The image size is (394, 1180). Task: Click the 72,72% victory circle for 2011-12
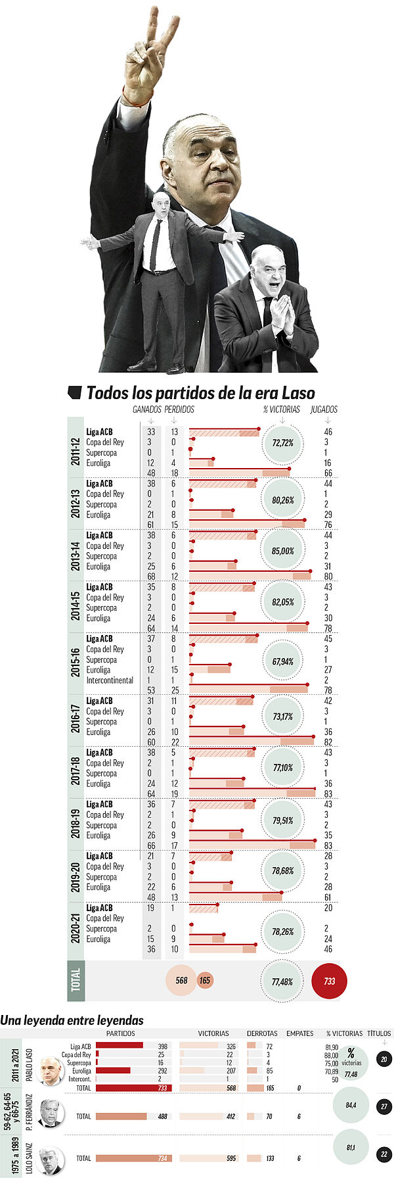[282, 442]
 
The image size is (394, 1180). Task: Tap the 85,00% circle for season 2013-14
[282, 551]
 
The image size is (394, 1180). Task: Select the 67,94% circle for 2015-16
[282, 661]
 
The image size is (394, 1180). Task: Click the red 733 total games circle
[329, 981]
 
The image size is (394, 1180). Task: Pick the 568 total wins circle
[181, 980]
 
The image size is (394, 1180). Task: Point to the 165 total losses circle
[205, 981]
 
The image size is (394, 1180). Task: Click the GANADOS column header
[147, 409]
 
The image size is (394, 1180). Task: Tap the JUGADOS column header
[324, 409]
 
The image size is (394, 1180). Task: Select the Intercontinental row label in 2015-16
[110, 680]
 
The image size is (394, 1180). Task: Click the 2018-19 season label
[77, 820]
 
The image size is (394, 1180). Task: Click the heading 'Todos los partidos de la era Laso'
[200, 393]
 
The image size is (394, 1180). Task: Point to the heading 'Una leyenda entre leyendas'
[72, 1020]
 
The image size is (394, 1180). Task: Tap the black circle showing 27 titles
[384, 1106]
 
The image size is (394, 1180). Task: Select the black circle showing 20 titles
[384, 1059]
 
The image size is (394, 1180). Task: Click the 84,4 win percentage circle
[351, 1106]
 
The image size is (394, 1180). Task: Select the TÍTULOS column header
[379, 1033]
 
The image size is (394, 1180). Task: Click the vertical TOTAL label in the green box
[76, 980]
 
